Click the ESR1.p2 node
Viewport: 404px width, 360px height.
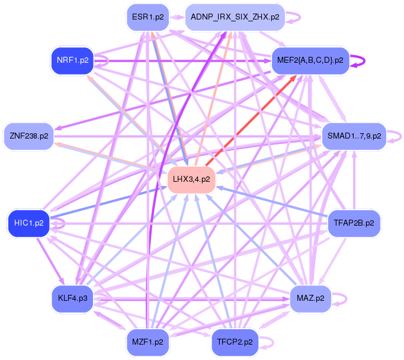(148, 17)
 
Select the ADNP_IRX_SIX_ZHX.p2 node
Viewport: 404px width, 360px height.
(235, 17)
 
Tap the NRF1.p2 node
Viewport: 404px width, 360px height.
(73, 60)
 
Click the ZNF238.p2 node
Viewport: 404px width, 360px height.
(29, 136)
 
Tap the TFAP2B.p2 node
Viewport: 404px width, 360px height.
(354, 223)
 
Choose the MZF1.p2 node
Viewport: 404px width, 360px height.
(148, 342)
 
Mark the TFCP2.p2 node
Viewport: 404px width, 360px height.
(235, 342)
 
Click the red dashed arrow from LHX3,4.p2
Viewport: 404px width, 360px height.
(252, 121)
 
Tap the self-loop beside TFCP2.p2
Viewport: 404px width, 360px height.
(268, 342)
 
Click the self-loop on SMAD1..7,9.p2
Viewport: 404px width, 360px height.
(395, 136)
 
